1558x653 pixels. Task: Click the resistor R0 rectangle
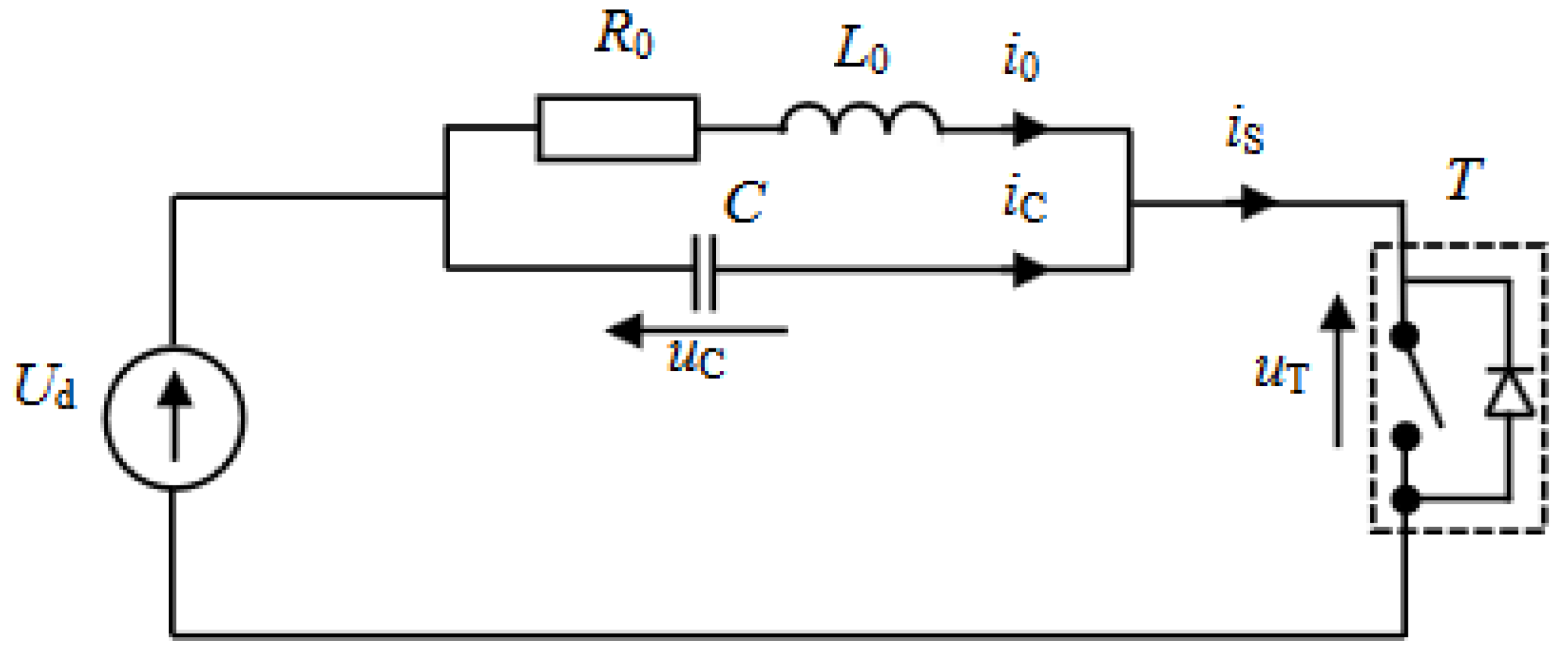point(617,128)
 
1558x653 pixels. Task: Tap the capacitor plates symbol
point(704,272)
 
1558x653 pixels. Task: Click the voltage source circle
point(175,417)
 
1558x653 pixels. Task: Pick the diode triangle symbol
point(1510,394)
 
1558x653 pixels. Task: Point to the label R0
point(624,35)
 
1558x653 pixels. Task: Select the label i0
point(1021,58)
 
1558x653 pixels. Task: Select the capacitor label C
point(745,203)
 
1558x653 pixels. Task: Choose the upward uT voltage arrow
point(1338,371)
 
